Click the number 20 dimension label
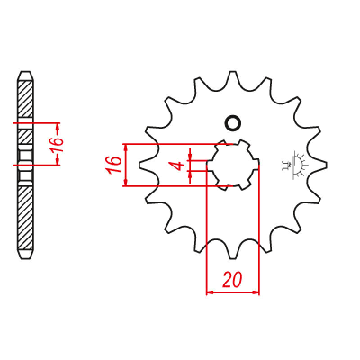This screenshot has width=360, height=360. click(232, 279)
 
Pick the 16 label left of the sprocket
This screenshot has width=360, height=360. click(113, 165)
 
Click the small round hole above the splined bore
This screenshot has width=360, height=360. click(233, 123)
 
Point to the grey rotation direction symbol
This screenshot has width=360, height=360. click(295, 165)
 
